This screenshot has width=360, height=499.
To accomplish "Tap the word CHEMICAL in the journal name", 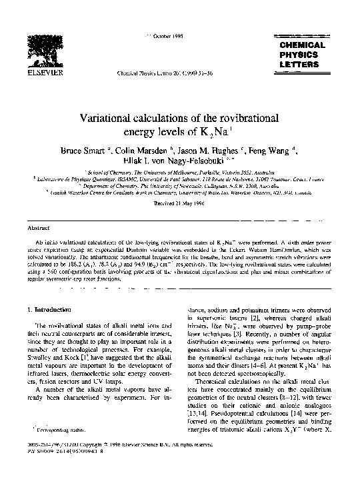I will click(302, 45).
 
